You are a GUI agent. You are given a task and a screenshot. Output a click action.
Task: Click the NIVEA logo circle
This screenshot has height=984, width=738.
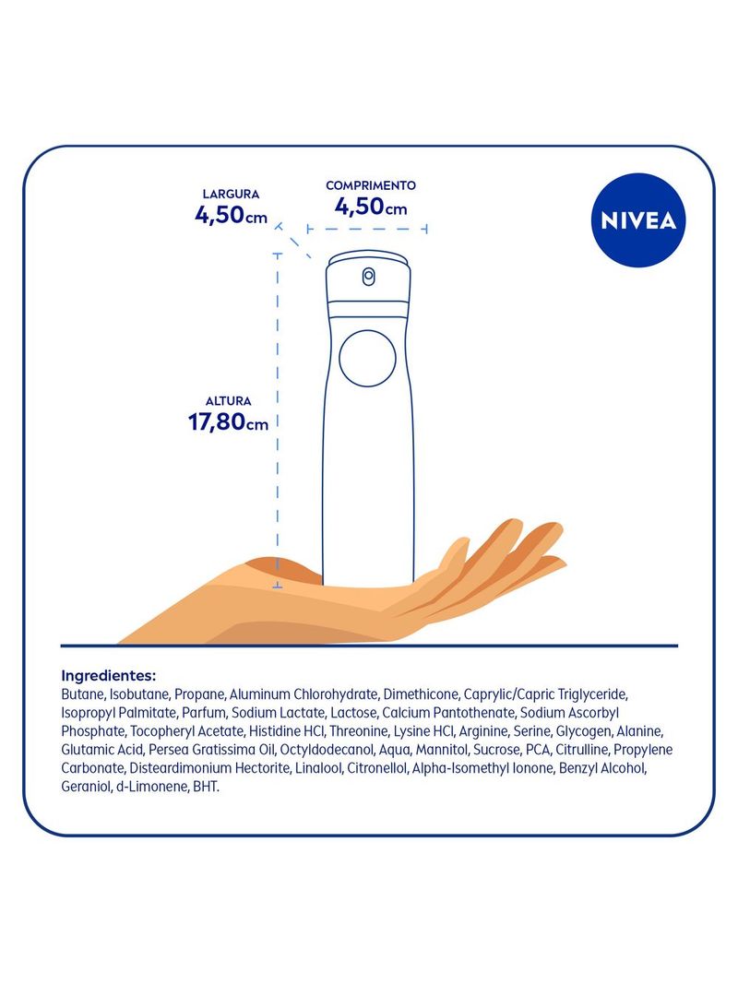coord(638,220)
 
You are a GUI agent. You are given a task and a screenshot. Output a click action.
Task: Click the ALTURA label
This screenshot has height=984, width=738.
coord(229,401)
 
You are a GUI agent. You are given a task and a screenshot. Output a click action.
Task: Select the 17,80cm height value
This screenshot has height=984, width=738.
coord(229,421)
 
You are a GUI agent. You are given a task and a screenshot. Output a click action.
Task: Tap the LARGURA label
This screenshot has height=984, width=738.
coord(231,195)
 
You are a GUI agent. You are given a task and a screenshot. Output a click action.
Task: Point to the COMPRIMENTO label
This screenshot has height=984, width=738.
coord(371,185)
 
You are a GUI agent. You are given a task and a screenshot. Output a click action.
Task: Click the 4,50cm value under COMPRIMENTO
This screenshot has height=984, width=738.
coord(371,207)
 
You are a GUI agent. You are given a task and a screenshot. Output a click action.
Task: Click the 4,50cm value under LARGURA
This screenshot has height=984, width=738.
coord(231,215)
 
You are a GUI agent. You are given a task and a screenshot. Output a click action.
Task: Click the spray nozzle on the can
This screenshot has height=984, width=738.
coord(368,276)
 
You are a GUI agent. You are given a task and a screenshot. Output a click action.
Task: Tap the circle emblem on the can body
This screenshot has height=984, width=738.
coord(368,358)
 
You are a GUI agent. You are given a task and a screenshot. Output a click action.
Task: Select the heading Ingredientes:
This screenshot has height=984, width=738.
coord(109,676)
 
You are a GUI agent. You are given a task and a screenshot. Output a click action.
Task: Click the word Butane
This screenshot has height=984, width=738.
coord(82,694)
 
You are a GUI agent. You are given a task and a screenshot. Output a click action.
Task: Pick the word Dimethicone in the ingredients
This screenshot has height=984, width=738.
coord(421,694)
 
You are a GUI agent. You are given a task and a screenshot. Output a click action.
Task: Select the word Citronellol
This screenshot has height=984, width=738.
coord(377,768)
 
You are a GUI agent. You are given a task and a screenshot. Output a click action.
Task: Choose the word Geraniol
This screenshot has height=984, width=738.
coord(86,787)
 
